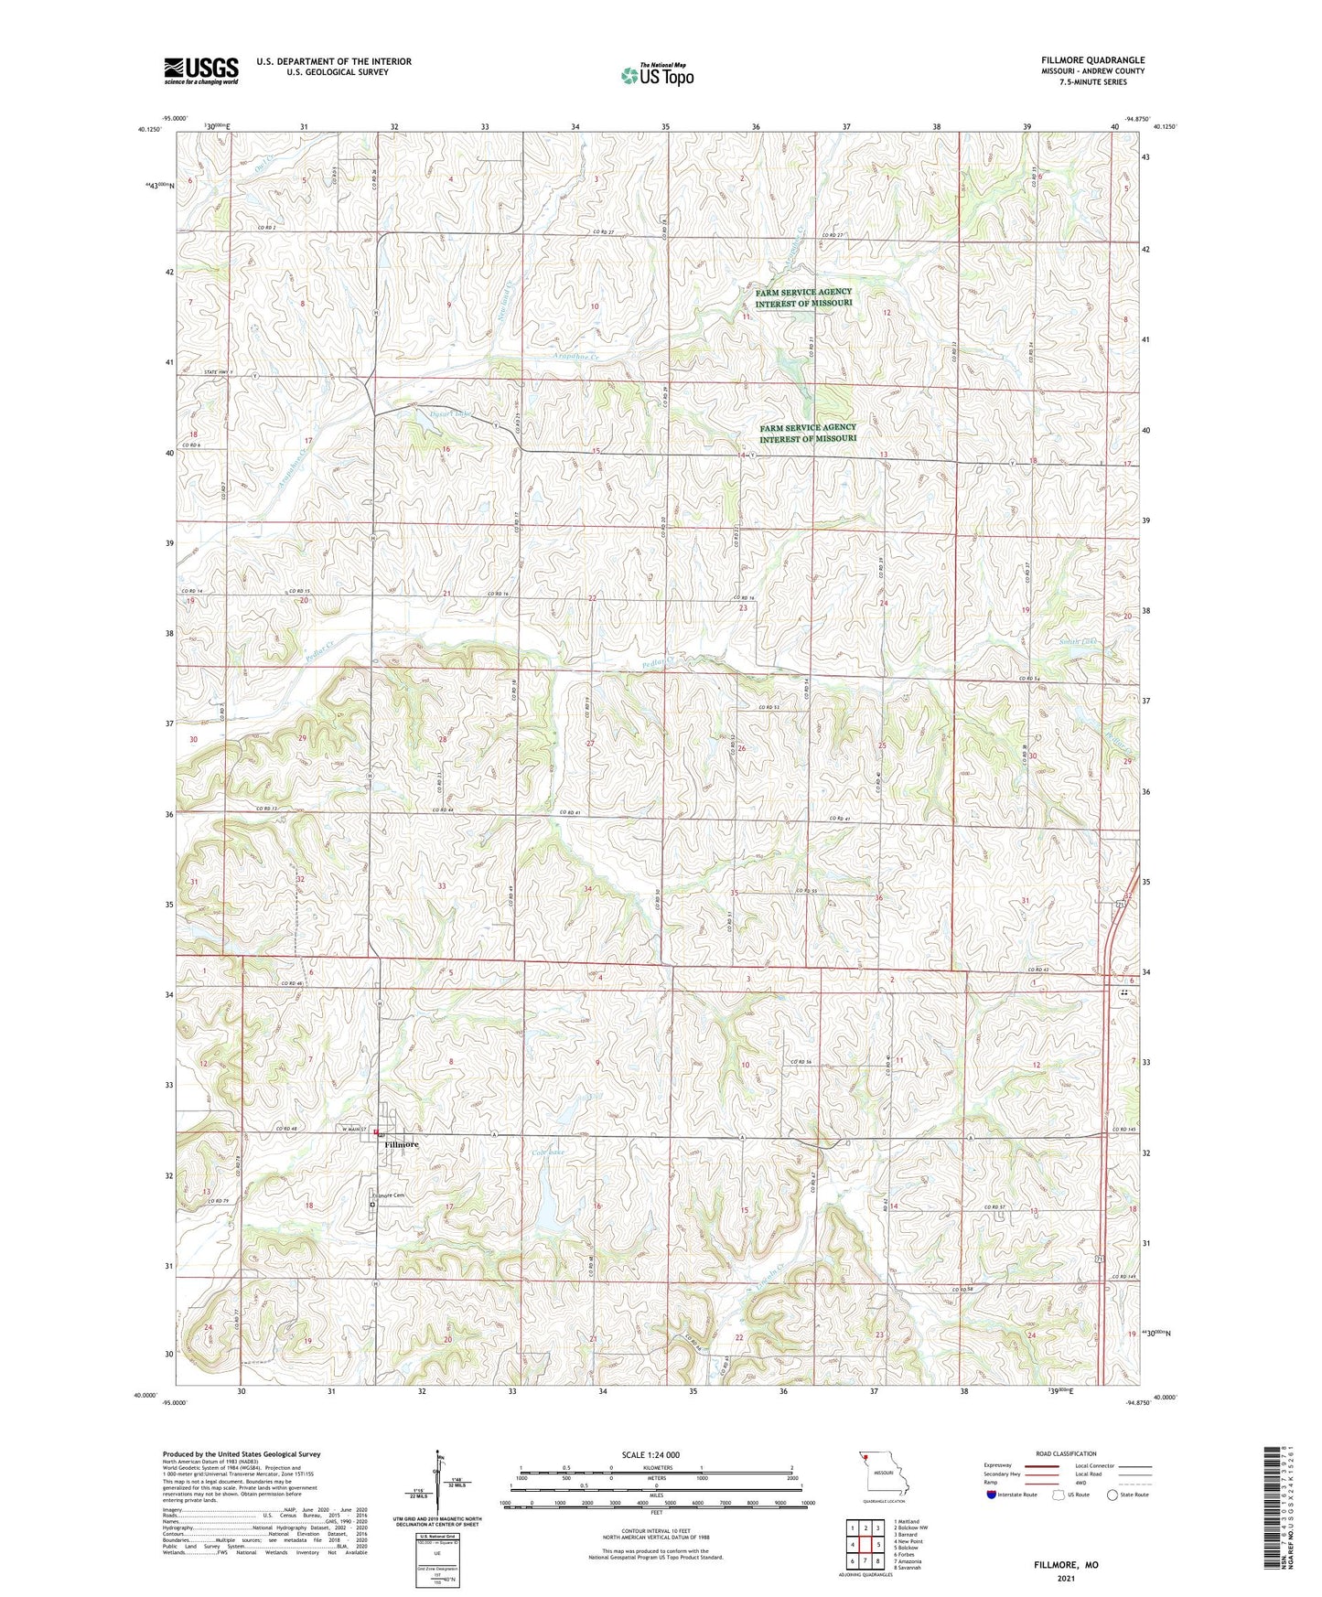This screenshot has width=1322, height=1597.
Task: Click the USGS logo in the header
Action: coord(201,70)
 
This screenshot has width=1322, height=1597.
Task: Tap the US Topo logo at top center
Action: coord(657,74)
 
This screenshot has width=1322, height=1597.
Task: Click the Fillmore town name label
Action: coord(402,1144)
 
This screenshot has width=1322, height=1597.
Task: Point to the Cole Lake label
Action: coord(548,1152)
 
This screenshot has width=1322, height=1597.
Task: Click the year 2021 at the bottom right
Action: coord(1066,1578)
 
